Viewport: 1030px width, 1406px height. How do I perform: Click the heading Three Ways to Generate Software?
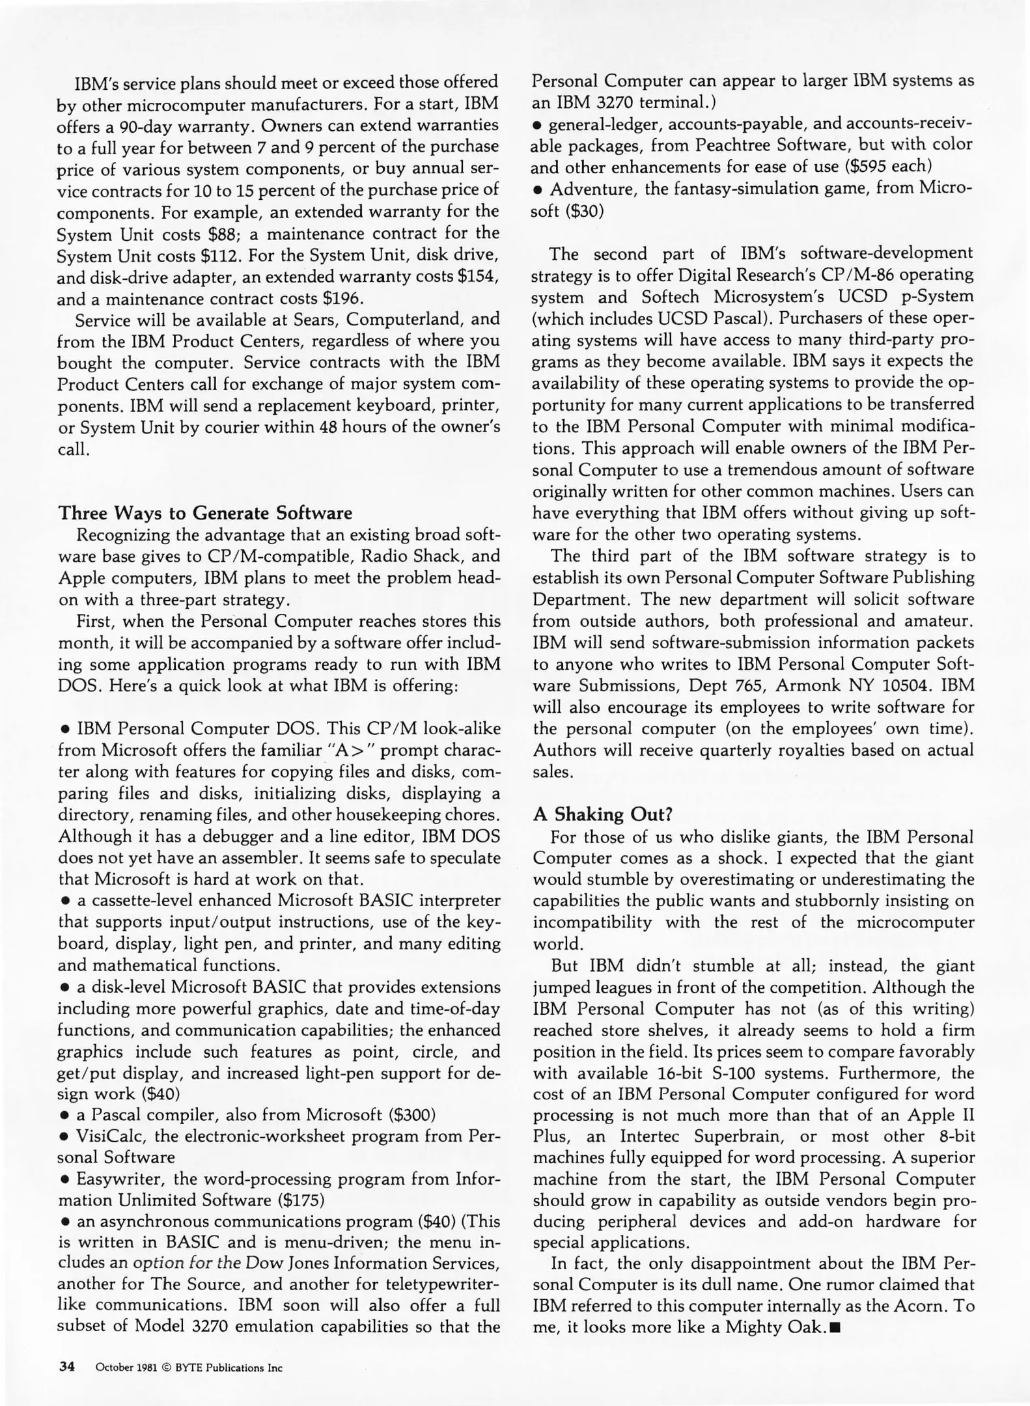pyautogui.click(x=205, y=513)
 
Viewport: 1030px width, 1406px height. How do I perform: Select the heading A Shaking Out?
pyautogui.click(x=602, y=814)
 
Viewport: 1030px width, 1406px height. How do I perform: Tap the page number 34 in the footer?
pyautogui.click(x=67, y=1366)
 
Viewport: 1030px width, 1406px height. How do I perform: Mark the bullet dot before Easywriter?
pyautogui.click(x=65, y=1179)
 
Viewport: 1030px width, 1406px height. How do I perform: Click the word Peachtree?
pyautogui.click(x=717, y=145)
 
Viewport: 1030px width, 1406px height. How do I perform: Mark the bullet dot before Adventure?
pyautogui.click(x=538, y=190)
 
